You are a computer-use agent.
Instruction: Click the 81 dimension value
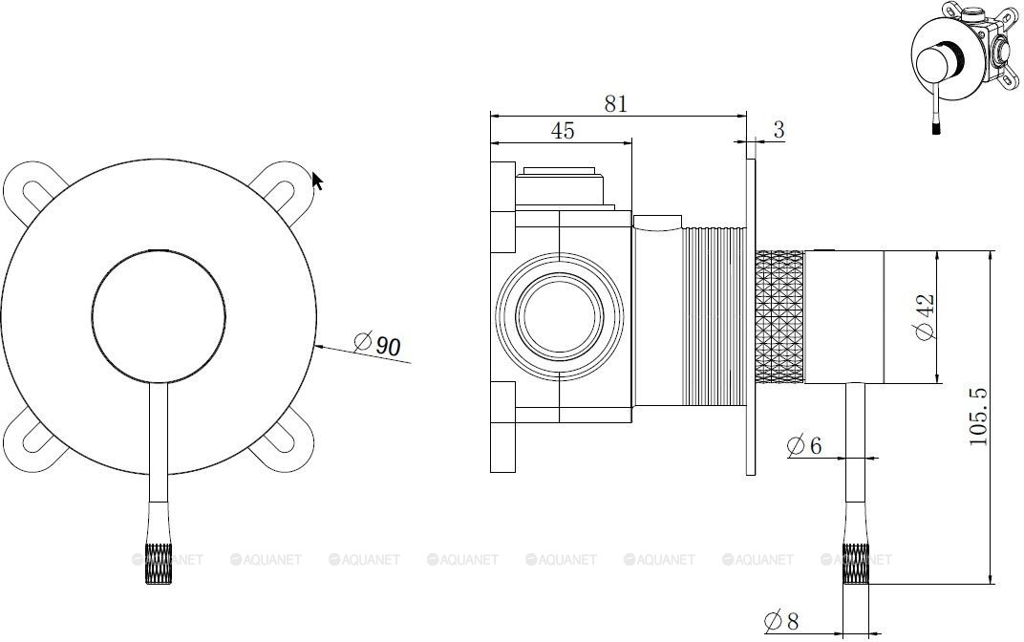point(615,103)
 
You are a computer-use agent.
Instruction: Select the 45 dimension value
point(563,131)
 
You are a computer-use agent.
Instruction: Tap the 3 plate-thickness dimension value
point(779,130)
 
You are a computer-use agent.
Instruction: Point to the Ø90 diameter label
point(377,344)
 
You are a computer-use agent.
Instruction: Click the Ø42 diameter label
point(926,317)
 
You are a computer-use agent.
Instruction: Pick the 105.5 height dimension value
point(978,417)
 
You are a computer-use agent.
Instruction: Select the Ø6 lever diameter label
point(804,445)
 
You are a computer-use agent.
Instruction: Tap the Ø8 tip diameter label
point(781,620)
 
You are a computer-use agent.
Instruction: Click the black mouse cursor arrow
point(317,181)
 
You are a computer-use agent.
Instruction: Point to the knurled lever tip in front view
point(159,563)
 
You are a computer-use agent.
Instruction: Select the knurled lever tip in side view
point(856,563)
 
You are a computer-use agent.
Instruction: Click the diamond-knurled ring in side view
point(779,317)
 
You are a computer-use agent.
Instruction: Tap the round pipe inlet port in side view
point(560,316)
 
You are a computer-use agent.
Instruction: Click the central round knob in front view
point(159,315)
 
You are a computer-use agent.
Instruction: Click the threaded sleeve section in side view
point(715,317)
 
